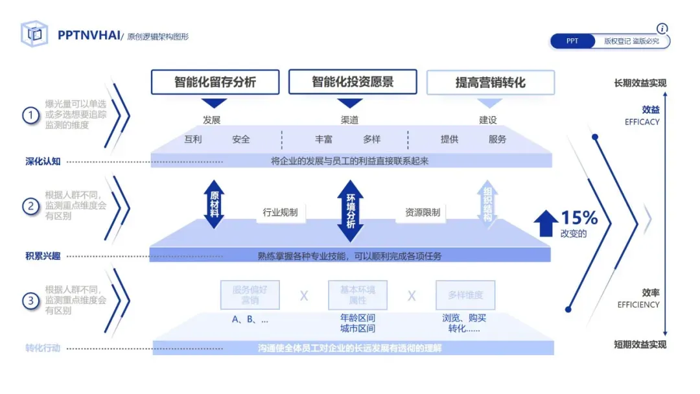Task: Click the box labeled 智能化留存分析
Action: [x=215, y=82]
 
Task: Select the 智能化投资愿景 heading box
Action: [x=353, y=82]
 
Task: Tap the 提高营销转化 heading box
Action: [x=490, y=83]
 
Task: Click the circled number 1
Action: [x=30, y=115]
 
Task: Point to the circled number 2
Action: [x=30, y=206]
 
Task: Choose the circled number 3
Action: [x=30, y=301]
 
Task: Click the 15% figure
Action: [x=579, y=218]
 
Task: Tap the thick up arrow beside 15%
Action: [x=546, y=223]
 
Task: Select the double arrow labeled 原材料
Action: [x=214, y=204]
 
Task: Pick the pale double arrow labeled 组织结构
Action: [x=487, y=204]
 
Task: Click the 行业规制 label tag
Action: [x=280, y=212]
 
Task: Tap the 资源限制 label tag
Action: [x=423, y=212]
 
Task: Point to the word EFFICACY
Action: [x=642, y=122]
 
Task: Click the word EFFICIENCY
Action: [x=638, y=305]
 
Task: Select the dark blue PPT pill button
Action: [x=572, y=41]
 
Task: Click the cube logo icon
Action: [x=34, y=34]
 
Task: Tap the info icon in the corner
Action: [x=662, y=29]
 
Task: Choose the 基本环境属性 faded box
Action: [x=358, y=295]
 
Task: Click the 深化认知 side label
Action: [x=43, y=161]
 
